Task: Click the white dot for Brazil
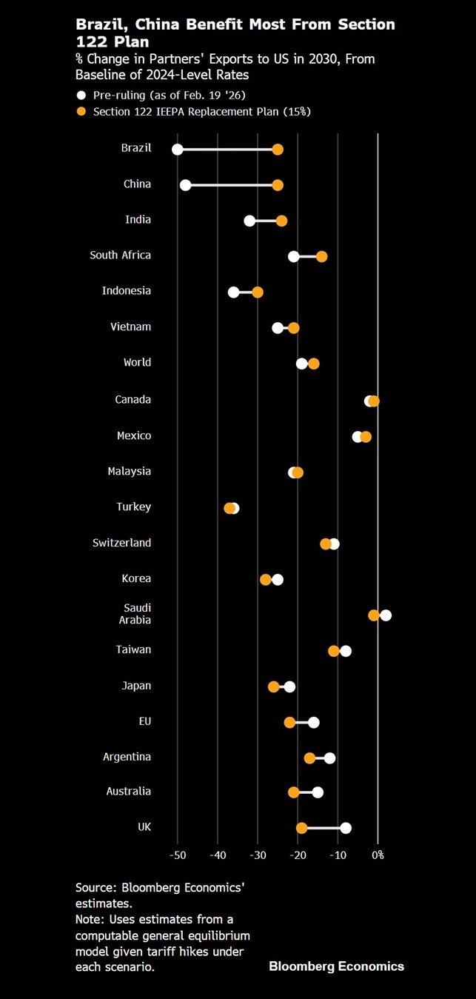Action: tap(178, 150)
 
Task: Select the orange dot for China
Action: tap(278, 185)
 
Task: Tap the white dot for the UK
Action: tap(346, 828)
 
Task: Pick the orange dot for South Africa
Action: tap(321, 256)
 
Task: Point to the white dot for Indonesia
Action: tap(234, 292)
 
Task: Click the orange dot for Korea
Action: tap(266, 579)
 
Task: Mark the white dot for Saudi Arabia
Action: tap(386, 615)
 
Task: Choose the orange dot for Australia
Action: tap(294, 792)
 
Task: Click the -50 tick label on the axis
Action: tap(178, 855)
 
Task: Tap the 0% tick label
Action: tap(378, 855)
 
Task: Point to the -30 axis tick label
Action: tap(258, 855)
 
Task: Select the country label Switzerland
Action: tap(121, 543)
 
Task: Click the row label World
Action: tap(137, 362)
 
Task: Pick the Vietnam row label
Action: tap(132, 327)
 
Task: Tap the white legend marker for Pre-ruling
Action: tap(81, 95)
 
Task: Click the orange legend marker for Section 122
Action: tap(81, 111)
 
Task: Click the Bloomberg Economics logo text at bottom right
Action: tap(336, 966)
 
